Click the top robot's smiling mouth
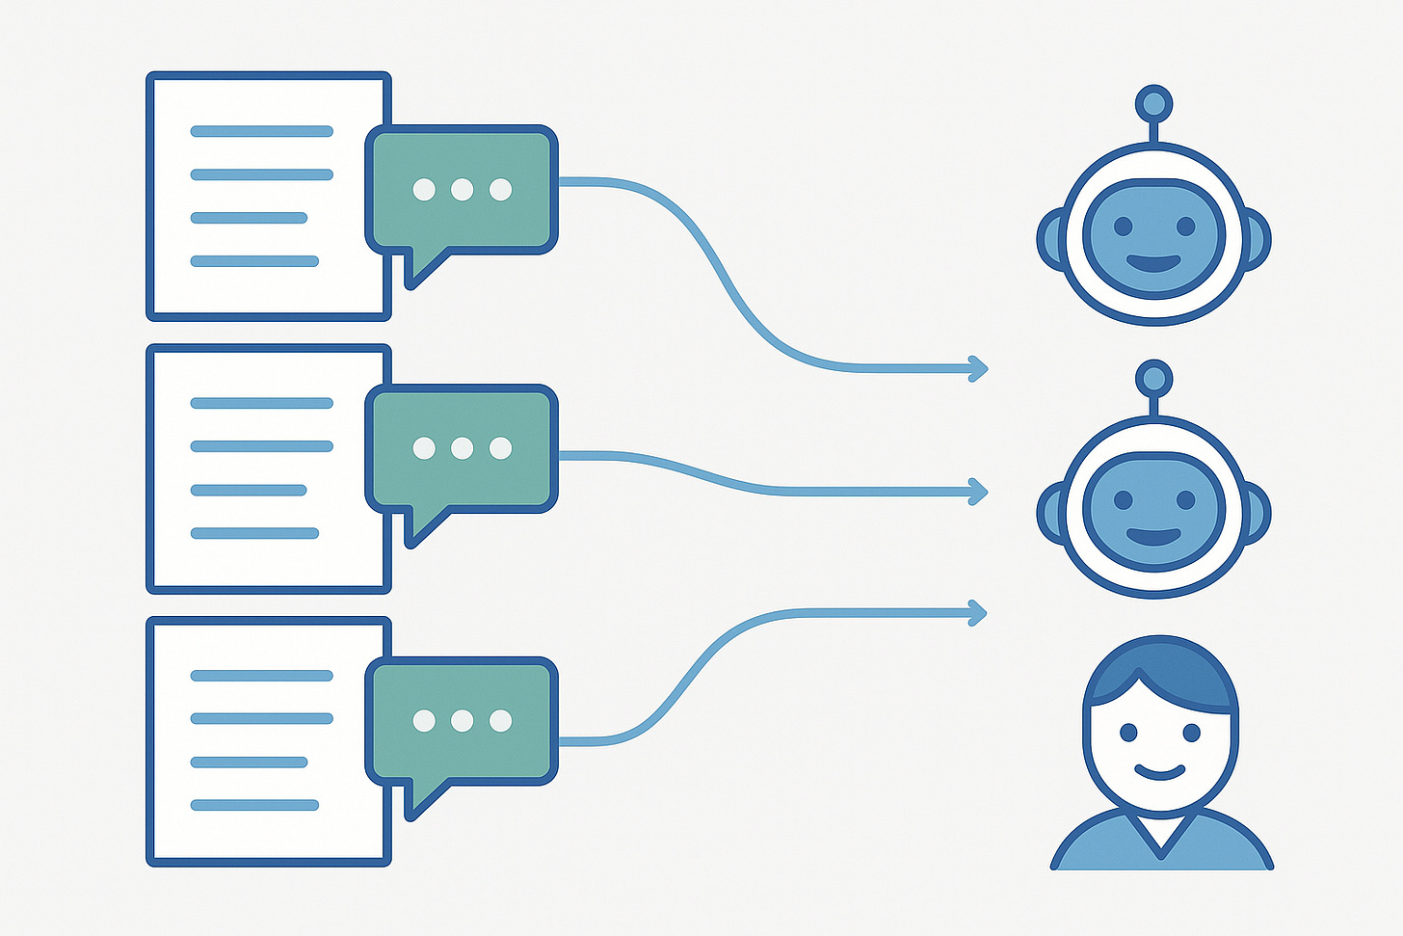(1153, 263)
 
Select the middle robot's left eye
(1123, 501)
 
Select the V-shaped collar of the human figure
(1162, 838)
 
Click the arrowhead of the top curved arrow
(979, 368)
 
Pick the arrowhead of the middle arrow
(979, 492)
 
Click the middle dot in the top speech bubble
(462, 189)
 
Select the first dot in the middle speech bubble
(423, 447)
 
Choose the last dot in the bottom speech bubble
(500, 720)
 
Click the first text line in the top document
(261, 131)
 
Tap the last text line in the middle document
(254, 533)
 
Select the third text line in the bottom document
(249, 762)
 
